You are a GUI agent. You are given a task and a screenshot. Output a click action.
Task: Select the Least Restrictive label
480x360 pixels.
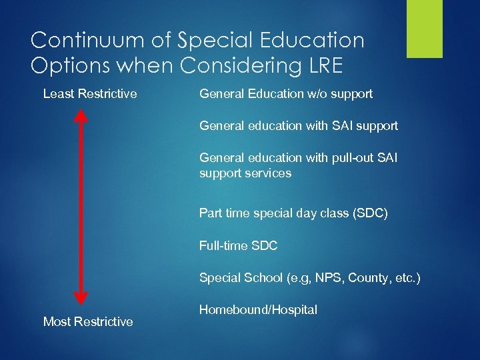pyautogui.click(x=90, y=94)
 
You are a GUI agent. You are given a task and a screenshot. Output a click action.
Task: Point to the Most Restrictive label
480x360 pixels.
pyautogui.click(x=88, y=322)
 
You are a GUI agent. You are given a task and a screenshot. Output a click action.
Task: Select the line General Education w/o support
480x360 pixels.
pyautogui.click(x=286, y=94)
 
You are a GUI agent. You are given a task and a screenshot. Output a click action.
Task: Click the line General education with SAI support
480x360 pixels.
pyautogui.click(x=299, y=125)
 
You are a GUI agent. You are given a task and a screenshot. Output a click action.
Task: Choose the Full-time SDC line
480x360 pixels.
pyautogui.click(x=238, y=246)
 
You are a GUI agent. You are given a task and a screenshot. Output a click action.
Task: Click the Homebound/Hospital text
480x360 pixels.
pyautogui.click(x=258, y=309)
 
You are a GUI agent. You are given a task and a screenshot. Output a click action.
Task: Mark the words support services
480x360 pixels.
pyautogui.click(x=245, y=173)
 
